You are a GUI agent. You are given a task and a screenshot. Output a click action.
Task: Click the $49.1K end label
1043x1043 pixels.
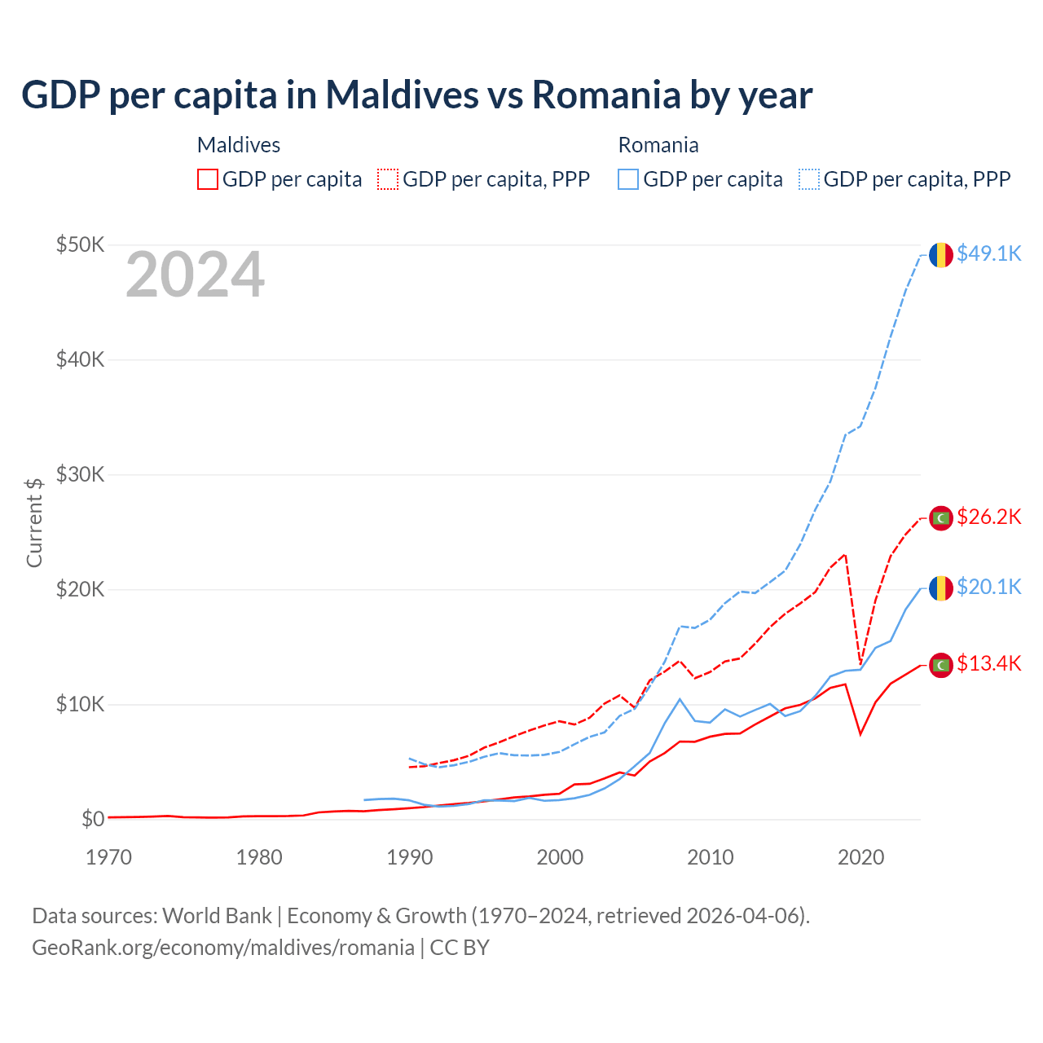tap(988, 253)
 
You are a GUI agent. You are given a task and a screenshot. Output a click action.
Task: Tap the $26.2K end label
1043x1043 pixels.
tap(988, 517)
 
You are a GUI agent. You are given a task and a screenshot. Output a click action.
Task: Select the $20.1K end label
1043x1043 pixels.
tap(988, 587)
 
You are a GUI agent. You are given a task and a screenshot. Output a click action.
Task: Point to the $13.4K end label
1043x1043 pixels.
tap(988, 663)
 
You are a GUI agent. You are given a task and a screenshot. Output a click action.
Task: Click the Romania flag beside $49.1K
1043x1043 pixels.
tap(941, 255)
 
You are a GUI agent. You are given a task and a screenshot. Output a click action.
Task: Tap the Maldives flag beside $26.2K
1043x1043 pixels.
tap(941, 518)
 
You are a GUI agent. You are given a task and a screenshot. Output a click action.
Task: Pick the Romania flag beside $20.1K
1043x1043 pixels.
tap(941, 588)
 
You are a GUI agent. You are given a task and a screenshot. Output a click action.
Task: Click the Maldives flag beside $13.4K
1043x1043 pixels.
tap(941, 665)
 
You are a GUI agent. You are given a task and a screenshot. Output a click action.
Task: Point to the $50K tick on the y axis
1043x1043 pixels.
tap(80, 244)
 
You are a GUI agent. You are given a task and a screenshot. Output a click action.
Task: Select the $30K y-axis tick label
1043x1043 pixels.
tap(80, 474)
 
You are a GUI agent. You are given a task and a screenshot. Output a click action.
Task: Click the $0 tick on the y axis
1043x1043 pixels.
tap(92, 819)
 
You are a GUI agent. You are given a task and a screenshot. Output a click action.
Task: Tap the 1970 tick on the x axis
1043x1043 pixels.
tap(108, 857)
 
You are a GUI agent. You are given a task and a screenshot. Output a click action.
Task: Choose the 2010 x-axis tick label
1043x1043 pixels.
tap(711, 857)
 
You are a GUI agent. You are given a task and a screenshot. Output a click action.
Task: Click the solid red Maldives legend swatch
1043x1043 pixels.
tap(208, 179)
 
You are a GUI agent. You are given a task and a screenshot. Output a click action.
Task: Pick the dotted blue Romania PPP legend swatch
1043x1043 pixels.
tap(809, 179)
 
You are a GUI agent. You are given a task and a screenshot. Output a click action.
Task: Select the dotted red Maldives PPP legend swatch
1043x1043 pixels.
tap(388, 179)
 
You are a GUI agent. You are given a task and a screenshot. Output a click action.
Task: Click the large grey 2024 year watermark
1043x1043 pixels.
tap(195, 275)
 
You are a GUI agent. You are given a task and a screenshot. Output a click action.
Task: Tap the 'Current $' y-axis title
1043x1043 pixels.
tap(34, 522)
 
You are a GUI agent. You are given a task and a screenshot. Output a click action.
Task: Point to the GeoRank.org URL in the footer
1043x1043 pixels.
tap(222, 948)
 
